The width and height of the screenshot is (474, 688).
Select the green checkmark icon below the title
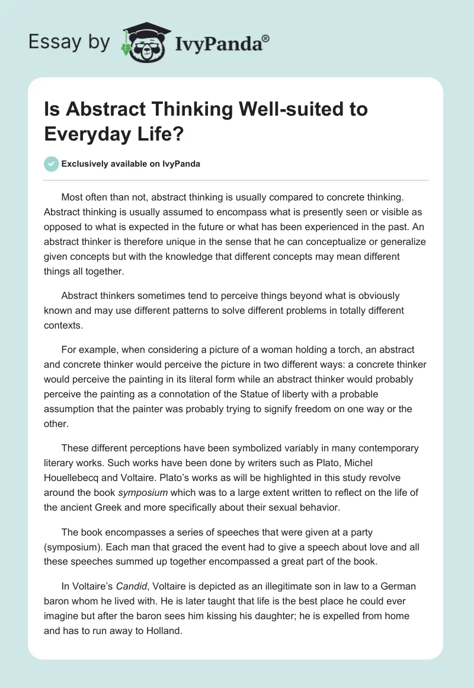point(52,164)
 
